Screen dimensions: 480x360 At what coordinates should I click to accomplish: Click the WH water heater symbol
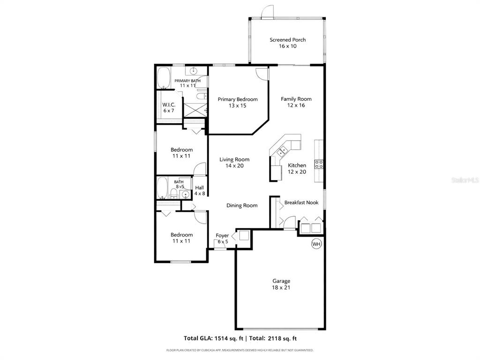[316, 244]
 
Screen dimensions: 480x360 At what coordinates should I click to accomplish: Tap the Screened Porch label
[287, 40]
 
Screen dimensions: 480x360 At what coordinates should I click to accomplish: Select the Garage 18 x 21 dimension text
[281, 287]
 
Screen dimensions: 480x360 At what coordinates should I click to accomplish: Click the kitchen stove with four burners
[319, 164]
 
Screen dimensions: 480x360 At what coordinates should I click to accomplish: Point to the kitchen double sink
[282, 150]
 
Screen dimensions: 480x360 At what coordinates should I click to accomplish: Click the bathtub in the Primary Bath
[164, 78]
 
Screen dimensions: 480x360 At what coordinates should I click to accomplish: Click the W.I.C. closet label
[169, 105]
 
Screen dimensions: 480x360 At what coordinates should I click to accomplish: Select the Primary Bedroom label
[238, 99]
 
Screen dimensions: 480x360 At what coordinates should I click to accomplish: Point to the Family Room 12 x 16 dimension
[296, 105]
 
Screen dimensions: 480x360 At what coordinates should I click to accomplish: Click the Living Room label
[234, 159]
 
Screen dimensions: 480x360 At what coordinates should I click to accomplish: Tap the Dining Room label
[242, 205]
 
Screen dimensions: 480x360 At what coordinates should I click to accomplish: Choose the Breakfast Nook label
[301, 202]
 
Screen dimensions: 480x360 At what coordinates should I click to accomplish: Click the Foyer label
[222, 235]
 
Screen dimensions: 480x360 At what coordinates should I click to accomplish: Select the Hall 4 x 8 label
[200, 190]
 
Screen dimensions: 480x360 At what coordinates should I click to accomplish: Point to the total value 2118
[274, 338]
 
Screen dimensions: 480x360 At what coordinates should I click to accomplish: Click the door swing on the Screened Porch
[267, 12]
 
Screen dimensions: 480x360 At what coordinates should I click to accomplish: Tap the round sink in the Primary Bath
[193, 71]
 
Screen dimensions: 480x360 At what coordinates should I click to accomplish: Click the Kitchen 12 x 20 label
[297, 168]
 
